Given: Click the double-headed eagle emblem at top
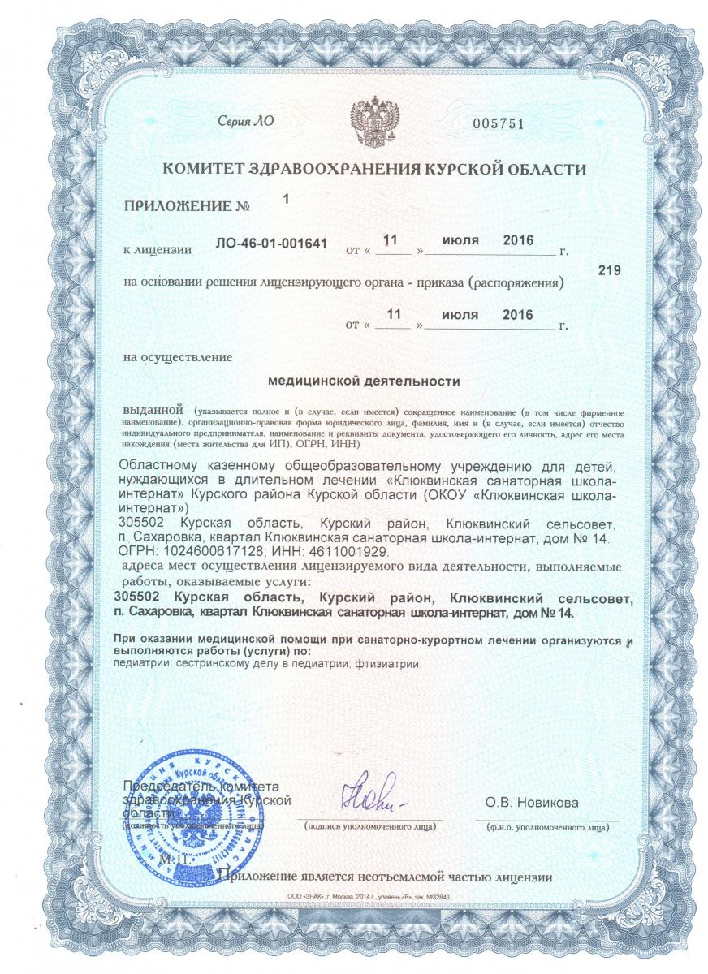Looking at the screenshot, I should point(373,120).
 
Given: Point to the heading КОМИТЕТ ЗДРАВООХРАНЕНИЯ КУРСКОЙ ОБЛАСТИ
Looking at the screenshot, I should point(374,170).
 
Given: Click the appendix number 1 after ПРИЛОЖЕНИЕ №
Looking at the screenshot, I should point(285,198).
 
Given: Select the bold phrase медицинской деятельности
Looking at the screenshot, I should point(364,380).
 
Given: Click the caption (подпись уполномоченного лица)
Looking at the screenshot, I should point(369,826).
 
